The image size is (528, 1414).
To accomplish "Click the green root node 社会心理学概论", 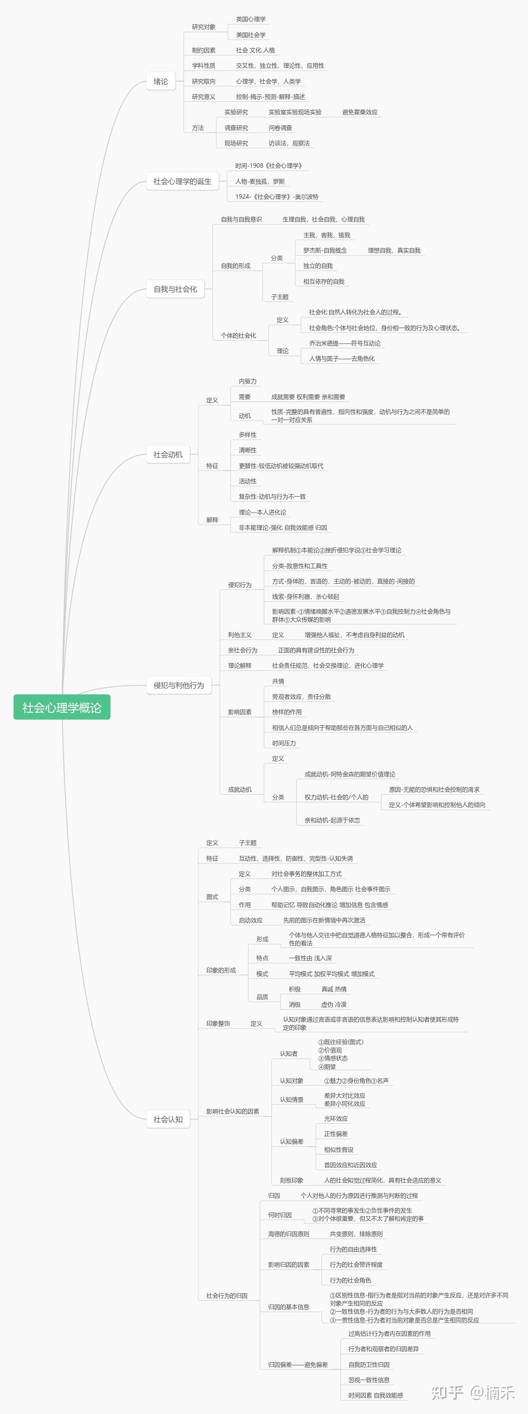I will pyautogui.click(x=61, y=707).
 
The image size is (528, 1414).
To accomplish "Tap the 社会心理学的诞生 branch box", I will pyautogui.click(x=182, y=181).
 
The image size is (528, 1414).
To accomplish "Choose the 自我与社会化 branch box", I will pyautogui.click(x=175, y=289).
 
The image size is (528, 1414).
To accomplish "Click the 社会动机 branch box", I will pyautogui.click(x=168, y=454).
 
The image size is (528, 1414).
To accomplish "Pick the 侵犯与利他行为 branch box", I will pyautogui.click(x=179, y=685).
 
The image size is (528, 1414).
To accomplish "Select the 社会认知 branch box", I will pyautogui.click(x=168, y=1119).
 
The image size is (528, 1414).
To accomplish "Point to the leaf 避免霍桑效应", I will pyautogui.click(x=359, y=112).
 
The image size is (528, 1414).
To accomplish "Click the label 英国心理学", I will pyautogui.click(x=251, y=19).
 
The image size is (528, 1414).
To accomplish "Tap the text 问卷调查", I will pyautogui.click(x=280, y=128).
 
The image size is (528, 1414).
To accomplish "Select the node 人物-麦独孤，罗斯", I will pyautogui.click(x=260, y=181).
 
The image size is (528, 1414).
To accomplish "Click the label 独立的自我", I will pyautogui.click(x=318, y=265).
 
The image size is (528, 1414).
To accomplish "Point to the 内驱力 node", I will pyautogui.click(x=248, y=381).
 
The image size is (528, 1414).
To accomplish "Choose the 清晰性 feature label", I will pyautogui.click(x=248, y=450).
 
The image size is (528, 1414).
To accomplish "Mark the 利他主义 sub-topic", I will pyautogui.click(x=240, y=635).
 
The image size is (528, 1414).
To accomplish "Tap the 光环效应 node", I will pyautogui.click(x=336, y=1119).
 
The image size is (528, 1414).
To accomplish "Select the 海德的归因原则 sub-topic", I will pyautogui.click(x=289, y=1234).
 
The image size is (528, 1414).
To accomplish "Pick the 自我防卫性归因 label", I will pyautogui.click(x=369, y=1364).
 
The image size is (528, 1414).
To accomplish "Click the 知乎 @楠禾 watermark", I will pyautogui.click(x=473, y=1393).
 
